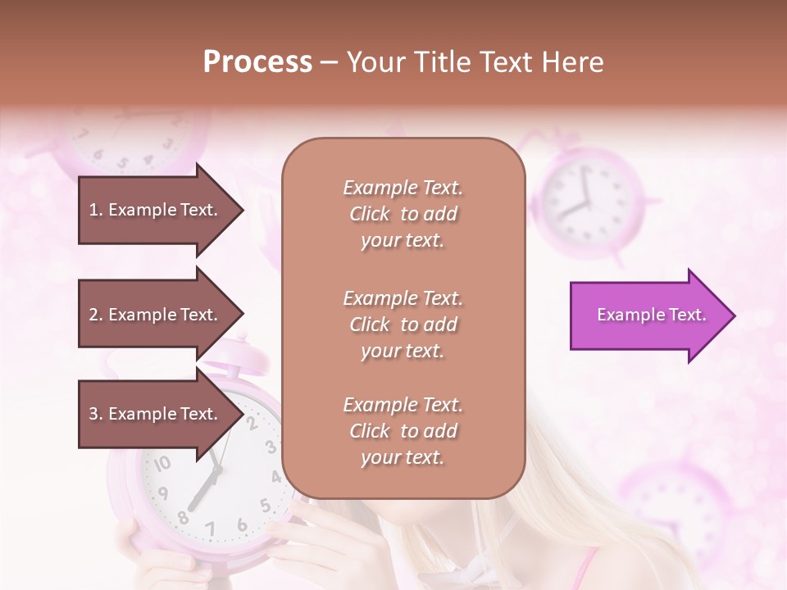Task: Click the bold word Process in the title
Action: click(x=257, y=62)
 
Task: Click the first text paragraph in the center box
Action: click(x=403, y=214)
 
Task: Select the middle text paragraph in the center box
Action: click(x=403, y=324)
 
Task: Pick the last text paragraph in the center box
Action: click(x=403, y=431)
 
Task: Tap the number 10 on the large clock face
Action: click(x=162, y=464)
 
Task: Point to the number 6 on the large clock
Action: click(x=242, y=524)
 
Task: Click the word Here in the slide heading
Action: click(x=572, y=62)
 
